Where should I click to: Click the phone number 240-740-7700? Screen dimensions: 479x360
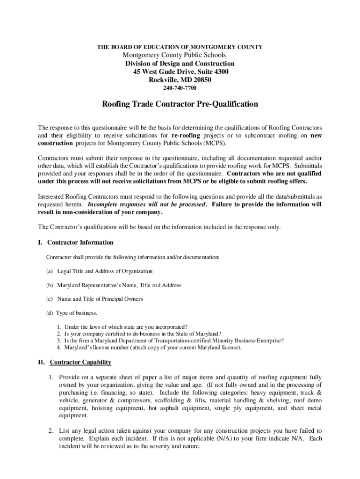[x=180, y=88]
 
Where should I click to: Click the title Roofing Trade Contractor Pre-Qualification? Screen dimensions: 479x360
[x=180, y=104]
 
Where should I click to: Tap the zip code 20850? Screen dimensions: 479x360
[x=201, y=80]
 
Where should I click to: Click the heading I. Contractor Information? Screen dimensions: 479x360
[x=76, y=242]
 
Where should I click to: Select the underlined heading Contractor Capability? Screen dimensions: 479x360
[x=80, y=362]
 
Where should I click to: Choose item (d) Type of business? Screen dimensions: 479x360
[x=72, y=312]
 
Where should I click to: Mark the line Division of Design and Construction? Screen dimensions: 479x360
[x=180, y=64]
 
